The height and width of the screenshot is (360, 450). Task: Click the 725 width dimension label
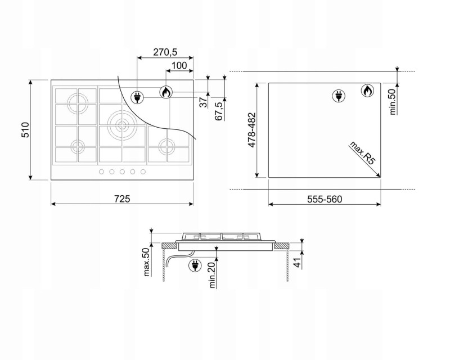coord(122,199)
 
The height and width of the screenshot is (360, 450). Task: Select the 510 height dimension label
coord(25,130)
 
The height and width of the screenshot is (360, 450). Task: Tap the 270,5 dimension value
coord(165,52)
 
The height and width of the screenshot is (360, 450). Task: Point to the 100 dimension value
coord(179,65)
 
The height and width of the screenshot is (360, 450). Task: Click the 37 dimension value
coord(203,102)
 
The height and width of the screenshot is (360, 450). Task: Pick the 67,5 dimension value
coord(219,111)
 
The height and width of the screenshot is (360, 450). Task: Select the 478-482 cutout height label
coord(251,130)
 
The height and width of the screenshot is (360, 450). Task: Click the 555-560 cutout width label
coord(325,199)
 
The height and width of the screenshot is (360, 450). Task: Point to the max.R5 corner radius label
coord(362,152)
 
